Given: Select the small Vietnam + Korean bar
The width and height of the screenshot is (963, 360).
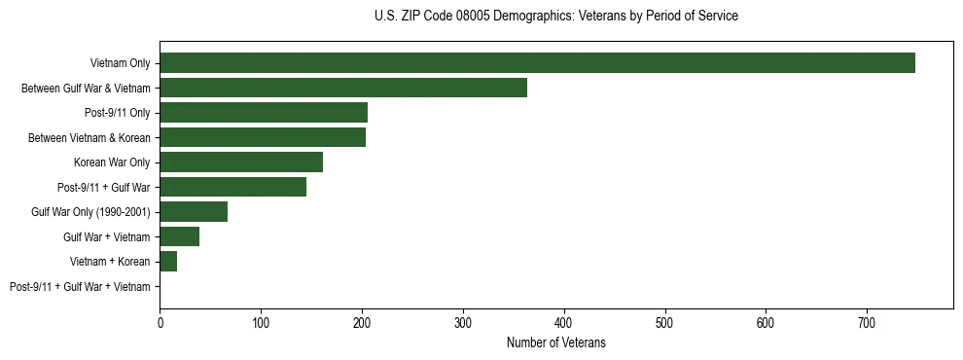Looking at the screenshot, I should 168,262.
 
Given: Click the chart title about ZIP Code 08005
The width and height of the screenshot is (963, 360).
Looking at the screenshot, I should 555,17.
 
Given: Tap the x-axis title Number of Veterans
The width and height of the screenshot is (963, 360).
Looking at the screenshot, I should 555,342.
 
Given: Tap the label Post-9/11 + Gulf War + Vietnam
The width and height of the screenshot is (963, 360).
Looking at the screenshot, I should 80,287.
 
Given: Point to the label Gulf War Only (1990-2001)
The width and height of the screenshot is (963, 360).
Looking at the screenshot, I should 95,212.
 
